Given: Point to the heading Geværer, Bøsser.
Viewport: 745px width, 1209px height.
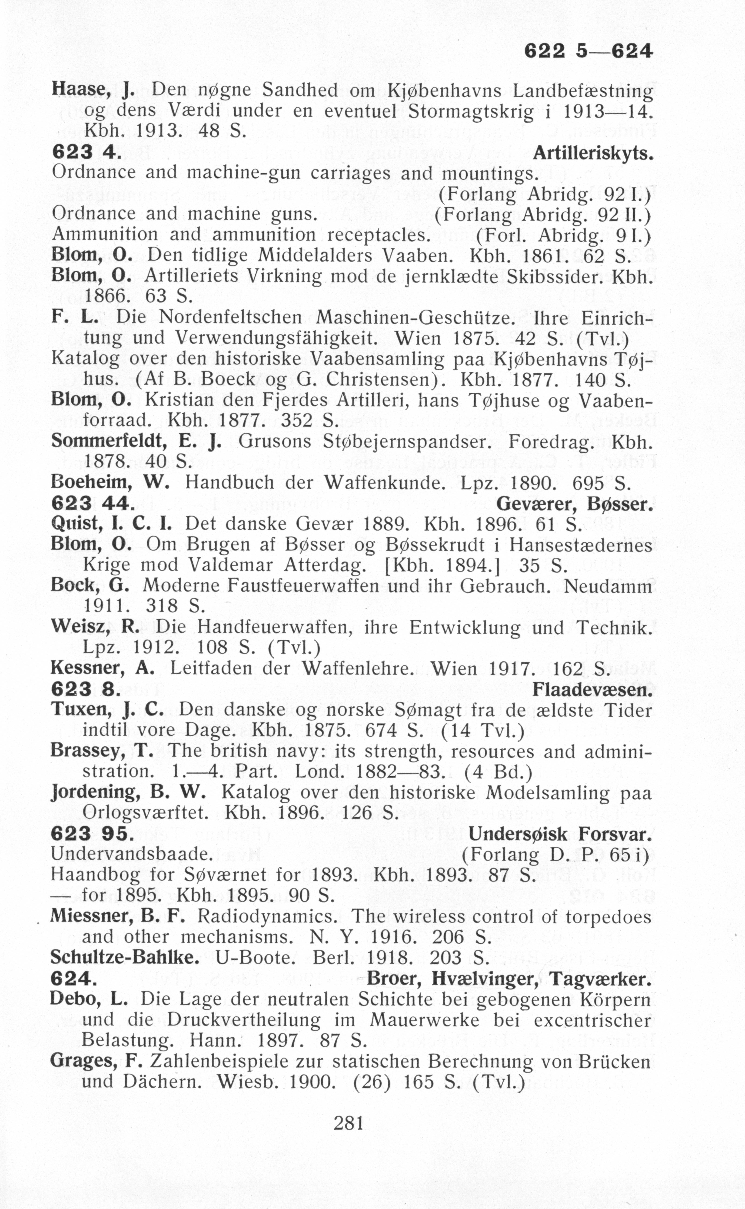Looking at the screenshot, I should click(575, 504).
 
